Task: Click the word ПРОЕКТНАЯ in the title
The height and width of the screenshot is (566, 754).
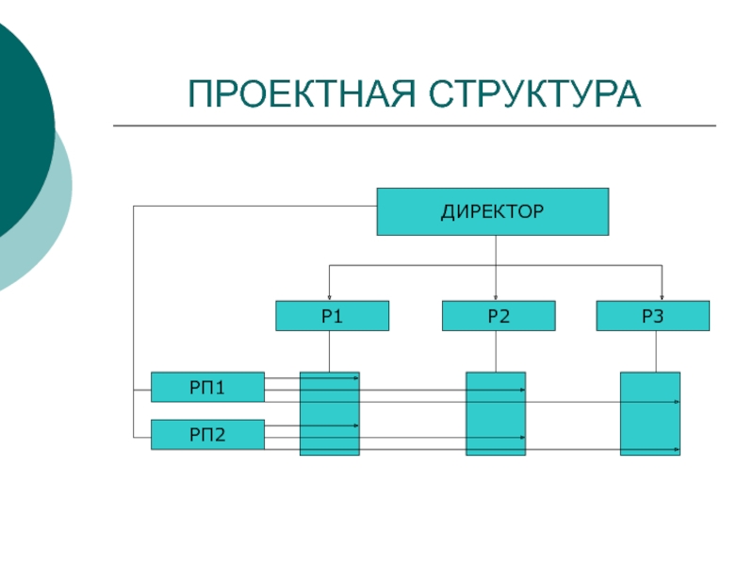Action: click(302, 93)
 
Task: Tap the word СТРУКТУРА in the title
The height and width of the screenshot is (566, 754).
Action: click(534, 93)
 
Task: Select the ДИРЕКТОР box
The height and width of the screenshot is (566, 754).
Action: click(493, 211)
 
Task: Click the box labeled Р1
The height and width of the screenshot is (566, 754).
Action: click(333, 316)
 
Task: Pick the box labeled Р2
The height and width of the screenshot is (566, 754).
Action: click(499, 316)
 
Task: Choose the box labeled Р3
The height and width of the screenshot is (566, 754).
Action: click(652, 316)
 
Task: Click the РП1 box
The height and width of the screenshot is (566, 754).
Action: click(207, 387)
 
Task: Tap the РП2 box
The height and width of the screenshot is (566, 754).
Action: click(207, 435)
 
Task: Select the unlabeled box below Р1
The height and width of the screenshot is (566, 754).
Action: click(330, 413)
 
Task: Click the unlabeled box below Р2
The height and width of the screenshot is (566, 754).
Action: click(496, 413)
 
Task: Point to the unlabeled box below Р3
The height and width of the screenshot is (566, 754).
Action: click(650, 413)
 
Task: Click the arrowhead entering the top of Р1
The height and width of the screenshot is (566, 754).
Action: click(329, 298)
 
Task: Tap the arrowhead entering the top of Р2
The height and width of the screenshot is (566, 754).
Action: click(496, 298)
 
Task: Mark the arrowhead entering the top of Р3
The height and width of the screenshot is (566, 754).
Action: click(663, 298)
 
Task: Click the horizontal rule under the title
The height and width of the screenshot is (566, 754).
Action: click(415, 125)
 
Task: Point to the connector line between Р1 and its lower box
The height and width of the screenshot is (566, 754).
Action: click(329, 351)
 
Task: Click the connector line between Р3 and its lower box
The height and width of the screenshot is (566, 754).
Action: click(656, 351)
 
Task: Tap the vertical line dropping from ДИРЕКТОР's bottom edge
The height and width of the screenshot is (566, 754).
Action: click(496, 250)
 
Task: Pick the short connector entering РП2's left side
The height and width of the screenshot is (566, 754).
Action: click(142, 438)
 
